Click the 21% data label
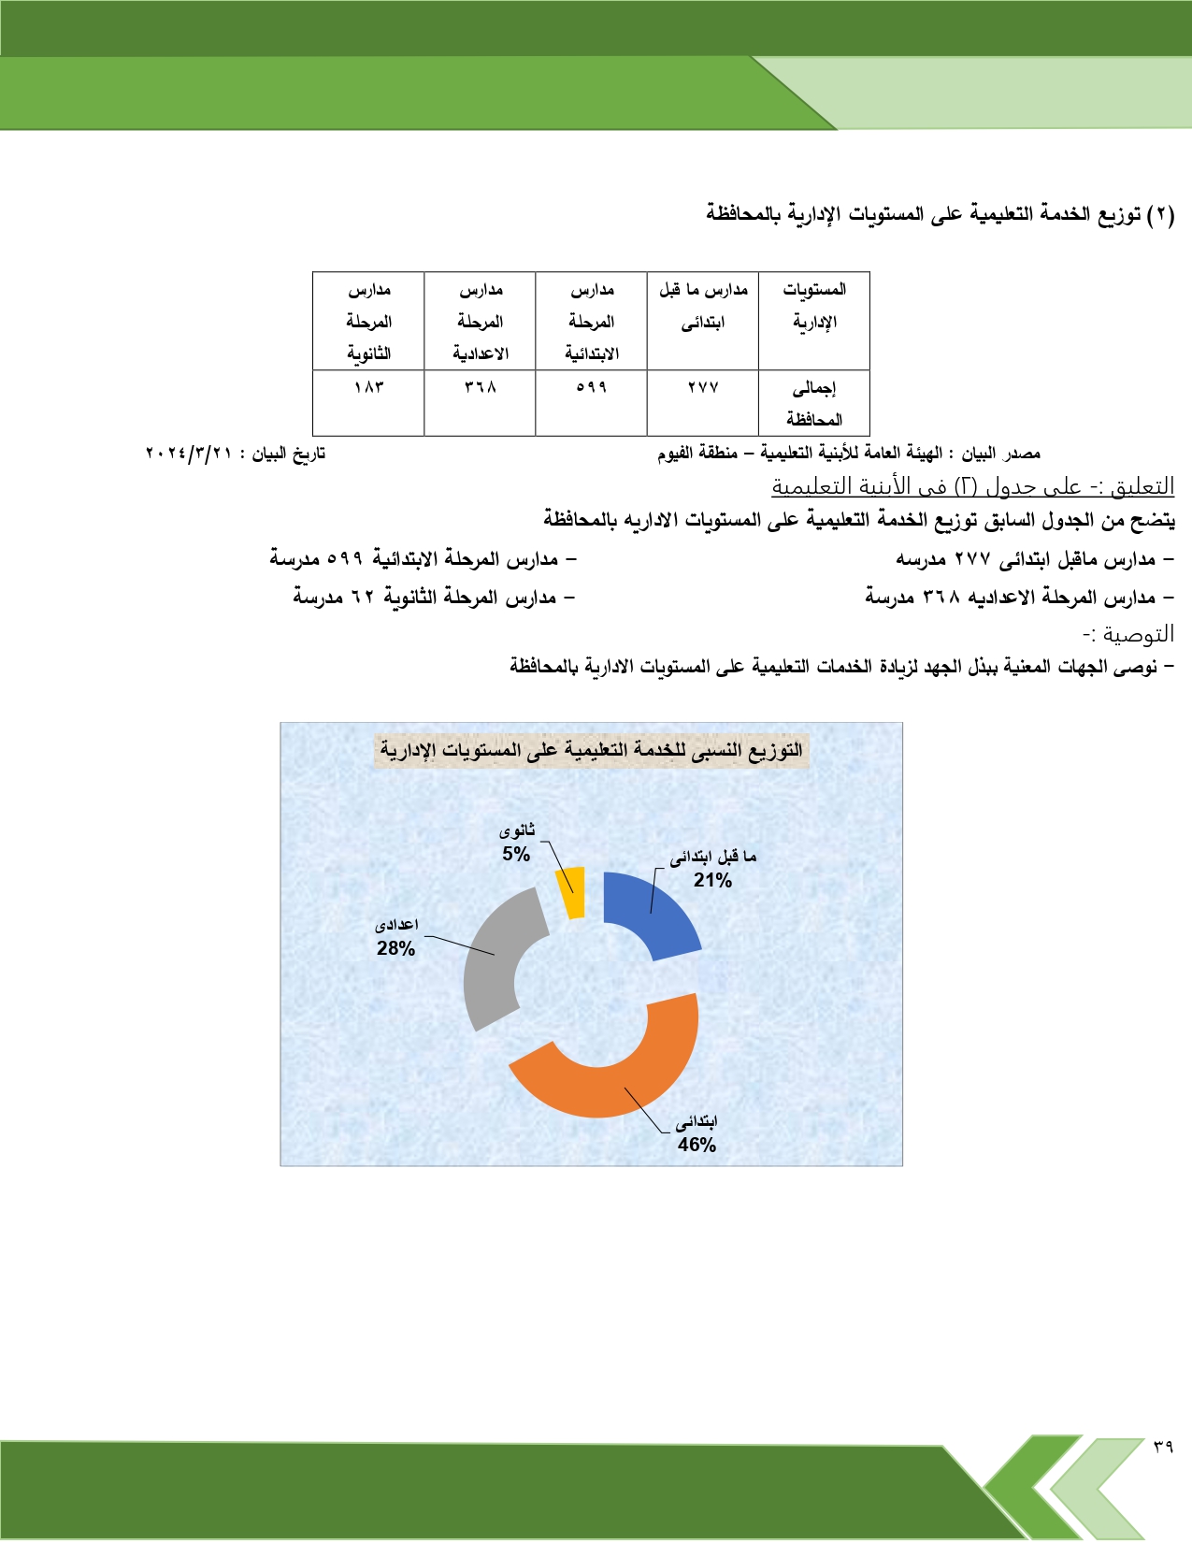[712, 880]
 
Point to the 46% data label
[697, 1145]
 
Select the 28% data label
[395, 948]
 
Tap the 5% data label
[516, 854]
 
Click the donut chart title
[591, 750]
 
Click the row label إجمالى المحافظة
[814, 403]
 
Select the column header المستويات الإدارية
[814, 306]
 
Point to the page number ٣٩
[1162, 1447]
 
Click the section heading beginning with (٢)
[940, 214]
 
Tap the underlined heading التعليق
[972, 486]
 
